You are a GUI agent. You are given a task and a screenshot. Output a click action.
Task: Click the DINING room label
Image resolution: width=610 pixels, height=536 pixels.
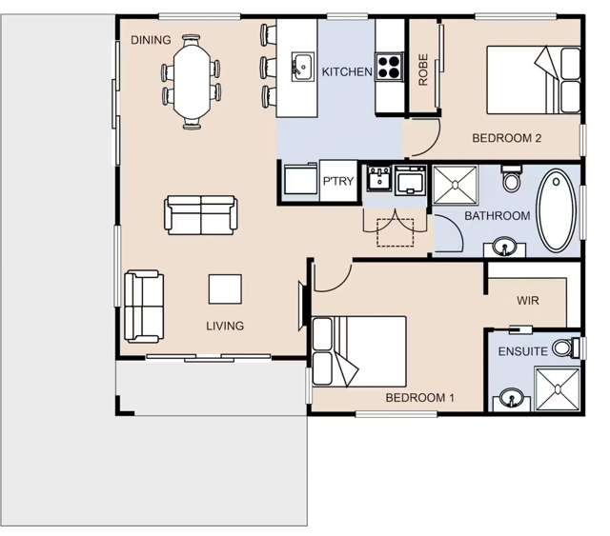151,40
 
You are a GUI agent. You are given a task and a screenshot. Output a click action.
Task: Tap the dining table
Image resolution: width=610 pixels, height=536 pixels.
193,82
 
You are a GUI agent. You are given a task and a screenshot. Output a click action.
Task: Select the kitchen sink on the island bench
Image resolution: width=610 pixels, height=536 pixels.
302,66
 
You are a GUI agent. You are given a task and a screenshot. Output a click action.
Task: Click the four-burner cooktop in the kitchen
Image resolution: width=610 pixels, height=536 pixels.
390,66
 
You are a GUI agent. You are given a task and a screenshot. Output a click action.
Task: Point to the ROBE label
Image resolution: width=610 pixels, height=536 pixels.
423,69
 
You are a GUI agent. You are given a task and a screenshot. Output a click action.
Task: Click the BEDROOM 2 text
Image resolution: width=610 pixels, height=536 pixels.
506,138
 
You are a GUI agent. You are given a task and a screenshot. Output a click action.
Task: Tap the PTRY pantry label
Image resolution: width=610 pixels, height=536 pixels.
337,182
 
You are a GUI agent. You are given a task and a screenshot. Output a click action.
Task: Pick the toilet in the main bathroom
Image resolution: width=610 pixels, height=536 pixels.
512,178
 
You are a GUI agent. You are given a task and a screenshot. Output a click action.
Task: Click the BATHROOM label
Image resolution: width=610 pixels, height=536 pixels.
497,216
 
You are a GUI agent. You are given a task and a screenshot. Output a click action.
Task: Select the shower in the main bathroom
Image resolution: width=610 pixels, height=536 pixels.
458,185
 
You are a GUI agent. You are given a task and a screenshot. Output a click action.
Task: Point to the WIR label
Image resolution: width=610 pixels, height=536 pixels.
528,301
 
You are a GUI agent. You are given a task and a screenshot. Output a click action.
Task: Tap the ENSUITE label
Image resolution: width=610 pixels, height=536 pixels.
522,351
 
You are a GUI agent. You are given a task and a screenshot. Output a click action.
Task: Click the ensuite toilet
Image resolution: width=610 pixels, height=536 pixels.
565,349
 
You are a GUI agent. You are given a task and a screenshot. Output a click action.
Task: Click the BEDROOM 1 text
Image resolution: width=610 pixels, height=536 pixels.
419,397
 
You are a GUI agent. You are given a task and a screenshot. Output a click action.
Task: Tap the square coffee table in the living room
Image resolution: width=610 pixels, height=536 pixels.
226,289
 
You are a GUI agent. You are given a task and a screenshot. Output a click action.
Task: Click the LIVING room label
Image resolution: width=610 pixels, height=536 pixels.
225,326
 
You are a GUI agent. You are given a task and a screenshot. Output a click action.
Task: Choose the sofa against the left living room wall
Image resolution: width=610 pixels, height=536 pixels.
143,307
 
